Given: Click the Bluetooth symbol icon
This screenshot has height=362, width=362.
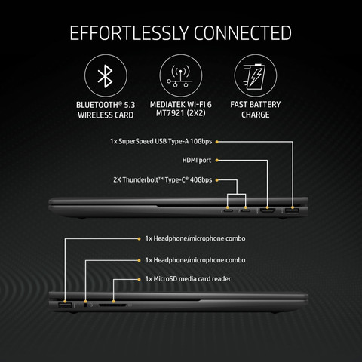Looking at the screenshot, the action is pos(106,76).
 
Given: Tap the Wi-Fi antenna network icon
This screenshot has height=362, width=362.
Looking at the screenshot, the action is pos(180,76).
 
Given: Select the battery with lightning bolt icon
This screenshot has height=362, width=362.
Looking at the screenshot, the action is pos(255,77).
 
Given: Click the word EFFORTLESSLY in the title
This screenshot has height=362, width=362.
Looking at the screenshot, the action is pos(129,33).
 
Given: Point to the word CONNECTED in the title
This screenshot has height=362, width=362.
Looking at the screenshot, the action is pos(243,33).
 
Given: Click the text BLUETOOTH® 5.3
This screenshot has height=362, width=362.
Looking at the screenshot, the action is pos(106,105).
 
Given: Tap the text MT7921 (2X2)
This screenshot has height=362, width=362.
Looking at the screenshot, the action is pos(181,113).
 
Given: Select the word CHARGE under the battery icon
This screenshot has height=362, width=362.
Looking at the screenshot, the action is pos(256,115).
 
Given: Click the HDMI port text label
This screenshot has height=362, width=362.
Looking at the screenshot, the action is pos(197,160).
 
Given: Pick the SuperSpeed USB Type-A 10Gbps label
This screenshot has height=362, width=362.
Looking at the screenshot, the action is pos(161,141).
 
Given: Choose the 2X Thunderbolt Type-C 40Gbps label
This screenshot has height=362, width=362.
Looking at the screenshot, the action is pos(163,180).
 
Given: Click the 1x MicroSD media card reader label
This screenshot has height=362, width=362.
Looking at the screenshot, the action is pos(188,279).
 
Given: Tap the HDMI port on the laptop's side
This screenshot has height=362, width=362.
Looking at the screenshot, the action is pos(268,210).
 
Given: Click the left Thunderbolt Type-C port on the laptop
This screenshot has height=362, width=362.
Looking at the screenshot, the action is pos(229,210).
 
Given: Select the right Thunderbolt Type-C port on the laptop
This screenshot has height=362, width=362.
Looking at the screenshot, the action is pos(246,210).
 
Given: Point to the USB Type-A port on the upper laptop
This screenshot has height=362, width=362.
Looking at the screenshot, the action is pos(292,211).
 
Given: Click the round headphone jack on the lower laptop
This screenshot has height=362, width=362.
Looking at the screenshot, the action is pos(85,305).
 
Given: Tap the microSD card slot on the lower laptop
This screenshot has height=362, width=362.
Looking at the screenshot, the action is pos(112,305).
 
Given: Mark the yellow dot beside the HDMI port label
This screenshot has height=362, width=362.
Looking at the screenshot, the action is pos(216,160).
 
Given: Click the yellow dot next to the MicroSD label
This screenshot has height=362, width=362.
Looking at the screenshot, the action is pos(139,279).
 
